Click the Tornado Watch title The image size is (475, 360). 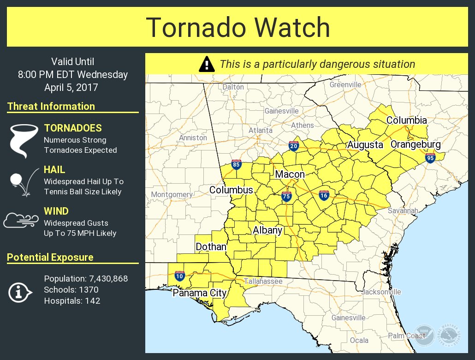[x=238, y=27]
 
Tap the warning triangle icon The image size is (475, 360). [x=207, y=64]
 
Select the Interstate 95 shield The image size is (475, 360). [x=430, y=158]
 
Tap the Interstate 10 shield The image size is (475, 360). [x=180, y=276]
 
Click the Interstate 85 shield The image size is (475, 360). [x=236, y=164]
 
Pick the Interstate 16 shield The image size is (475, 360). [x=324, y=195]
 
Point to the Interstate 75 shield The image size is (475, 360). [x=286, y=197]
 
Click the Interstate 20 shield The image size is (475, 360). [x=293, y=146]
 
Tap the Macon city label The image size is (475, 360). [x=290, y=174]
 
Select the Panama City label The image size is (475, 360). [x=200, y=293]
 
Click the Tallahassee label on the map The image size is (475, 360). [x=263, y=281]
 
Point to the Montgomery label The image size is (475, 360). [x=172, y=194]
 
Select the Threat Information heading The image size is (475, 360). [x=51, y=106]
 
